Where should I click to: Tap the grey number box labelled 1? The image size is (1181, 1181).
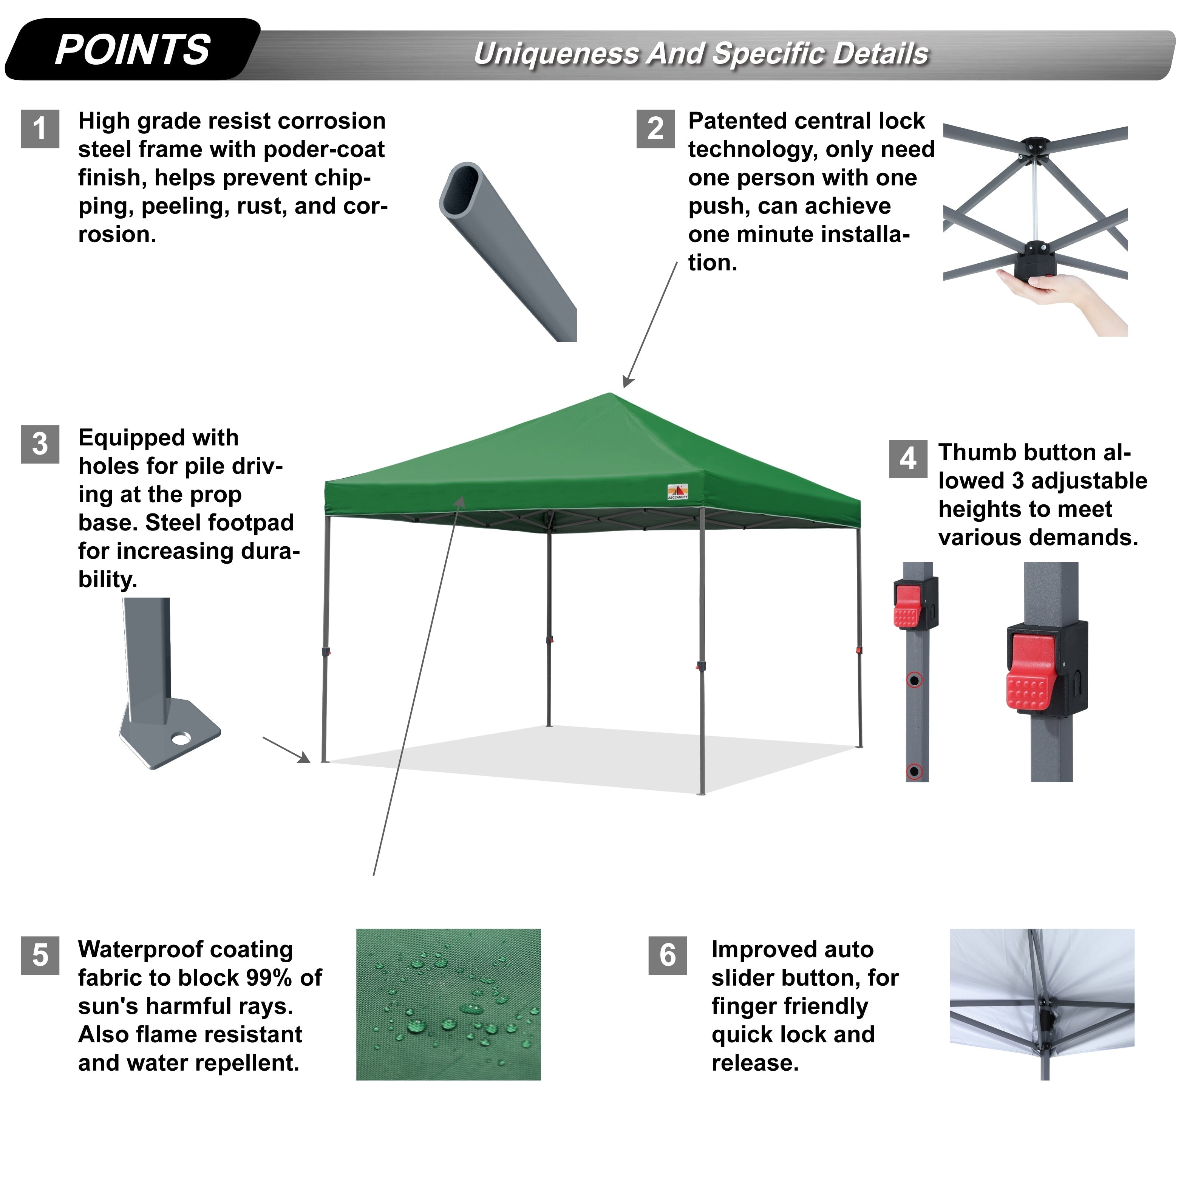pos(40,128)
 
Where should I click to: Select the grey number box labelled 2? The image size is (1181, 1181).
pos(655,128)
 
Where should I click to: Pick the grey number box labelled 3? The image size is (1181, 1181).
pos(40,444)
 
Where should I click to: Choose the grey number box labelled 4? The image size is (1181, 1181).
pos(908,459)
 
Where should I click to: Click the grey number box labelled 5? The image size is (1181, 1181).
pos(40,955)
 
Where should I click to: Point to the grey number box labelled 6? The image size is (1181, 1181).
pos(668,955)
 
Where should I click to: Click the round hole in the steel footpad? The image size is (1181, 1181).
pos(181,739)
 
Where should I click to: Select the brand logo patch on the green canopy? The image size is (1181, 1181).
pos(677,492)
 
